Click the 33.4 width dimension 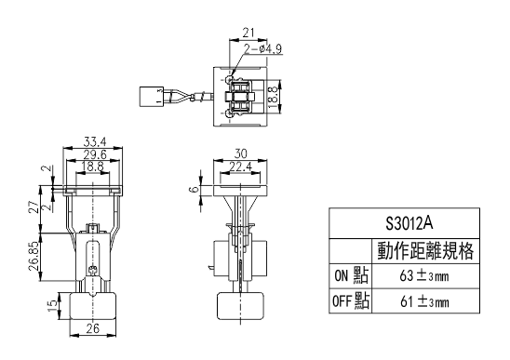tap(95, 141)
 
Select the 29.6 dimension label tap(95, 154)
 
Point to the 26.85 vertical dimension tap(34, 256)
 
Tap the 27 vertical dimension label tap(34, 207)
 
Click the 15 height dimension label tap(52, 306)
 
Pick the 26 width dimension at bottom tap(92, 328)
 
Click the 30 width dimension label tap(240, 153)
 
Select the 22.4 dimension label tap(240, 167)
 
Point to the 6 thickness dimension tap(195, 189)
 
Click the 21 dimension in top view tap(248, 33)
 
